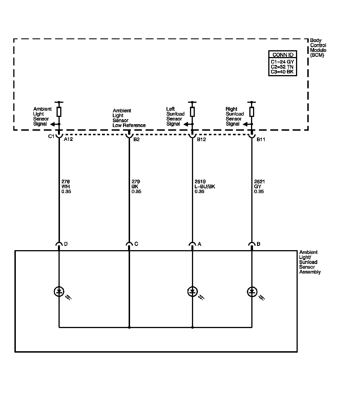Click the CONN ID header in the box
coord(283,55)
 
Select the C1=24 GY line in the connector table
coord(282,62)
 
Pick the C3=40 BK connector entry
coord(282,72)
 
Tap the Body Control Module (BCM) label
coord(318,48)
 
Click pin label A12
coord(68,139)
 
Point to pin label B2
coord(136,139)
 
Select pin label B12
coord(201,139)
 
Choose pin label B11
coord(261,139)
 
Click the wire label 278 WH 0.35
coord(66,187)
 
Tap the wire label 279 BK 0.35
coord(136,187)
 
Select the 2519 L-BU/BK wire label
coord(204,187)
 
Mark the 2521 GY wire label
coord(259,187)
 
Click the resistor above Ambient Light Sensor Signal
coord(59,112)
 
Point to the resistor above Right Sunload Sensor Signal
coord(252,112)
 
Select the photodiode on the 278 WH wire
coord(59,292)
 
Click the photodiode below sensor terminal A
coord(193,292)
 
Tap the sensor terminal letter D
coord(66,244)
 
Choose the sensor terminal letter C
coord(136,244)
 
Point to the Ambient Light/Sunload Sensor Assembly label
coord(310,262)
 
